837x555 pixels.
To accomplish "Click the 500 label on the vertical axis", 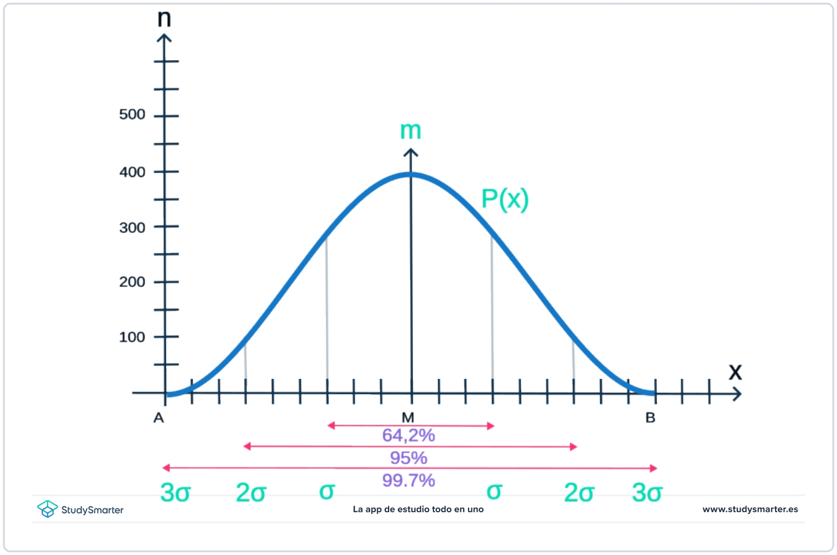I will [x=132, y=115].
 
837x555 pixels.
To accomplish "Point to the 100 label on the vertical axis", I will [x=132, y=337].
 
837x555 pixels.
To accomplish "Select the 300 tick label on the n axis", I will [x=132, y=228].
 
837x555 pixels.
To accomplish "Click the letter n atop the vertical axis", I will [x=164, y=19].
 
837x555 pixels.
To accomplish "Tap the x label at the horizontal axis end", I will [x=735, y=372].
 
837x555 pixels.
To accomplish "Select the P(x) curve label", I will [x=505, y=199].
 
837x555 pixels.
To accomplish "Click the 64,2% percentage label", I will [x=408, y=435].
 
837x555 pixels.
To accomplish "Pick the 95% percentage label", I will [x=408, y=458].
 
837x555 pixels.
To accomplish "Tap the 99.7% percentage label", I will [x=408, y=480].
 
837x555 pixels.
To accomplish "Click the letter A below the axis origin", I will [x=158, y=418].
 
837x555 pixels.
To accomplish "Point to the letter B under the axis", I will [x=650, y=418].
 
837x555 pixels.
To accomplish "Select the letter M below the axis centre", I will [x=408, y=418].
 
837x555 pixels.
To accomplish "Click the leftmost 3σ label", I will [x=175, y=492].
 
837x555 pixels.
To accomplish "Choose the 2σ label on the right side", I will [x=579, y=492].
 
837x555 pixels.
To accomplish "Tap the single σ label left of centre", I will [x=327, y=491].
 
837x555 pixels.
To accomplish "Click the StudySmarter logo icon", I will [x=47, y=509].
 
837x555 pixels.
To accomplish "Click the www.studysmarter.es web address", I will [x=750, y=509].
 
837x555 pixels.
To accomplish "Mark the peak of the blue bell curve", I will [x=411, y=174].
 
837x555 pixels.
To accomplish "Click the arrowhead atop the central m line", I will [x=411, y=152].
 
